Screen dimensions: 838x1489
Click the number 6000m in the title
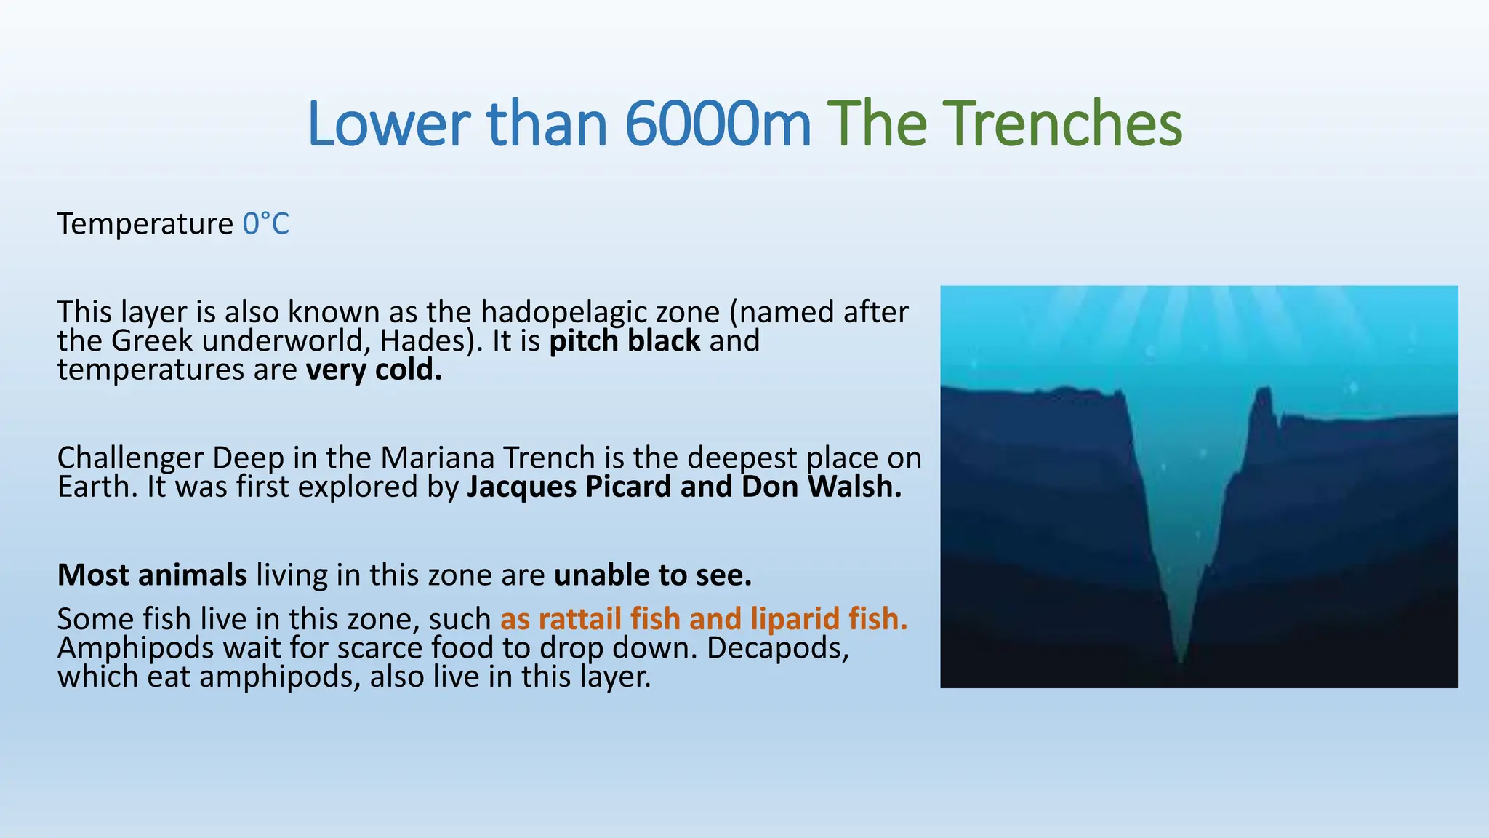click(717, 124)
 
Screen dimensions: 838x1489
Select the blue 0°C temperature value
click(265, 224)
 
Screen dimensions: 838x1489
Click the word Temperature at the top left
click(145, 224)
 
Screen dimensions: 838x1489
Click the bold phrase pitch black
click(624, 341)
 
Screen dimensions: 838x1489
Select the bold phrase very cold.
click(374, 370)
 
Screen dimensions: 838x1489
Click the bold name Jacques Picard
click(569, 487)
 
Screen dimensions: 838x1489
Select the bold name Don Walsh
click(821, 487)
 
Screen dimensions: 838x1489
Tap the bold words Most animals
click(152, 575)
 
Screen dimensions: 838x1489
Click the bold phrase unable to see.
click(652, 575)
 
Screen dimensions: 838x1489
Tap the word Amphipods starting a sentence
click(135, 647)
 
